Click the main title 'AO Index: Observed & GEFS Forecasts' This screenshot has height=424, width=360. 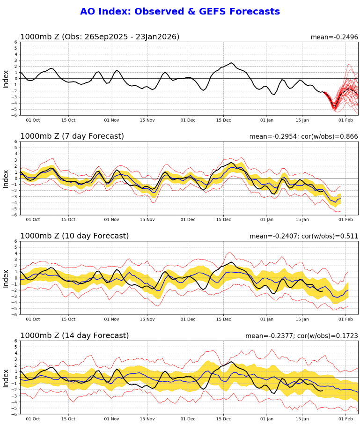(x=180, y=12)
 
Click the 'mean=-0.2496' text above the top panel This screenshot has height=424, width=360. (x=334, y=37)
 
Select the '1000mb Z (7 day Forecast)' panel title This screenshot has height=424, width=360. (x=72, y=136)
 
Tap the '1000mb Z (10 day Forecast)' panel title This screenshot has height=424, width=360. (x=74, y=236)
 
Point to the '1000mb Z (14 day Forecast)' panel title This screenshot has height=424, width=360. (x=74, y=335)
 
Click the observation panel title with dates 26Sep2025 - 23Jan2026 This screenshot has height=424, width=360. (x=100, y=37)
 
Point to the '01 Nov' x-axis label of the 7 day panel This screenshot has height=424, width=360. (x=112, y=219)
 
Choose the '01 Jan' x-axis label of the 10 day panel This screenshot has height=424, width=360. (x=267, y=319)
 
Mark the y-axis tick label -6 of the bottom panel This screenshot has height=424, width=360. (x=15, y=414)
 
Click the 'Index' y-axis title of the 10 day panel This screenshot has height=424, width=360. (x=6, y=278)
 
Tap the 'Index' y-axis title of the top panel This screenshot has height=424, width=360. (x=6, y=79)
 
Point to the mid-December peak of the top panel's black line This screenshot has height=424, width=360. (x=231, y=63)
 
